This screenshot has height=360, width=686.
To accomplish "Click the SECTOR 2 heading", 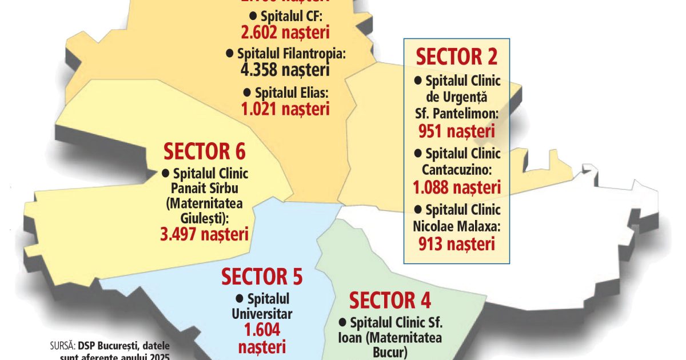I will click(456, 57).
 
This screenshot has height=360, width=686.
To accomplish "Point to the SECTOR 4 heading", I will click(390, 300).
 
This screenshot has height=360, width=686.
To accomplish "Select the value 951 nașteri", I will click(456, 132).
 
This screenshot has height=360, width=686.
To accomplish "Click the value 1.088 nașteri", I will click(456, 187).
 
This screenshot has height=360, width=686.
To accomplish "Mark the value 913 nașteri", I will click(456, 244).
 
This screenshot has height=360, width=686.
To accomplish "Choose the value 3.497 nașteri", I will click(204, 234).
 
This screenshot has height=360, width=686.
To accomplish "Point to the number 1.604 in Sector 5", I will click(262, 330).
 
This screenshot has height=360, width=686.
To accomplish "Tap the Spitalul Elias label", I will click(291, 92).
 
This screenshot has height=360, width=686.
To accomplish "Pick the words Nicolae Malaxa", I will click(456, 226).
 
